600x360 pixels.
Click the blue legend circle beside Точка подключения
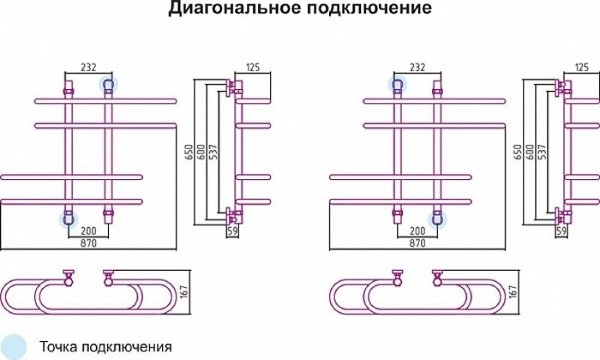[x=14, y=345]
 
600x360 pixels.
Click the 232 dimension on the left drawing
[x=88, y=66]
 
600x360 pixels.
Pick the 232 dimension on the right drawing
[x=417, y=66]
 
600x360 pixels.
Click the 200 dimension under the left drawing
[x=87, y=231]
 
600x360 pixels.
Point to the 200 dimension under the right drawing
[x=417, y=231]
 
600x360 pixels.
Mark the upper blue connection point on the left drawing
[x=108, y=83]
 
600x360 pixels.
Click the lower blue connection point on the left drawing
[x=67, y=219]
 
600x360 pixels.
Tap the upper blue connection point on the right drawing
[x=397, y=83]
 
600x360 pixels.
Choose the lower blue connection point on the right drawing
[x=438, y=219]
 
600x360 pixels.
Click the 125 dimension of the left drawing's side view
[x=253, y=66]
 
